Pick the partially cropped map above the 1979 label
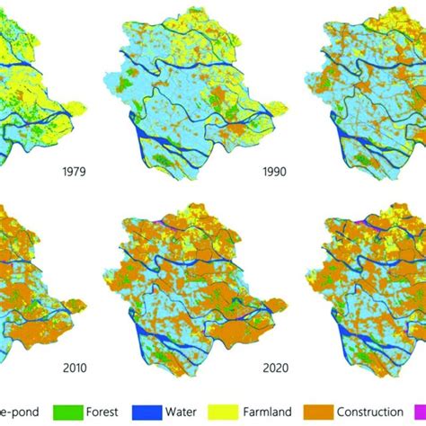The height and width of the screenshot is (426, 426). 36,81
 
